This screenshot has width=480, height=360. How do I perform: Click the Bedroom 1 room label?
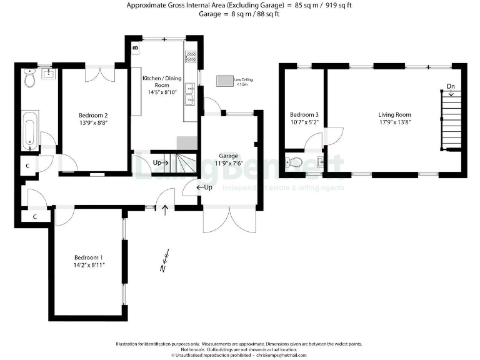pyautogui.click(x=89, y=257)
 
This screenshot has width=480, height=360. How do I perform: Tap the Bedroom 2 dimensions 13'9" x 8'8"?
pyautogui.click(x=93, y=124)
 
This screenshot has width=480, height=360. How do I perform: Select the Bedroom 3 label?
pyautogui.click(x=304, y=115)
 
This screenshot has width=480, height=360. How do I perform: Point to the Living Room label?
pyautogui.click(x=394, y=115)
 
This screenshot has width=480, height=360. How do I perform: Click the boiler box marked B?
pyautogui.click(x=136, y=47)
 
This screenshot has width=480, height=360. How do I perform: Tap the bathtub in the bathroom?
pyautogui.click(x=29, y=130)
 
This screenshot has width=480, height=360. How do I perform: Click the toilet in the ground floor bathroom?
pyautogui.click(x=27, y=79)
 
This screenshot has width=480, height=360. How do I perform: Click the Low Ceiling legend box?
pyautogui.click(x=224, y=81)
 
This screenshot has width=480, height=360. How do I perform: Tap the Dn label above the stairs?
pyautogui.click(x=451, y=86)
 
